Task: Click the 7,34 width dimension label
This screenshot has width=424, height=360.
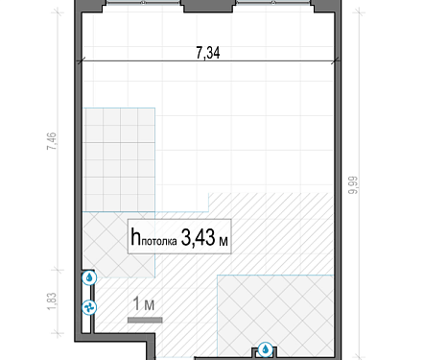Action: [208, 53]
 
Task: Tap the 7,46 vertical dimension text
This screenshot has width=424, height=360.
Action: [52, 141]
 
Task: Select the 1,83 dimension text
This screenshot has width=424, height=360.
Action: [52, 301]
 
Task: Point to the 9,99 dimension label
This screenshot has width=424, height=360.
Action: [353, 185]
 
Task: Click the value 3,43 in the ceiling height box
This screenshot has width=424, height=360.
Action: [198, 237]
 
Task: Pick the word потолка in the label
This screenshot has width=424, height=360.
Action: [159, 241]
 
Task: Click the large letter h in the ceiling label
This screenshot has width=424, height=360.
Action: [135, 236]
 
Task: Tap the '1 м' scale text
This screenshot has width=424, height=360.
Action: [144, 304]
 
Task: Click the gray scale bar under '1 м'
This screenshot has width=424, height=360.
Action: [145, 320]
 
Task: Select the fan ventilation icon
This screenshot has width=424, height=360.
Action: [89, 308]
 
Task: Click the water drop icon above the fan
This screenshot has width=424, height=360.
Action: [89, 277]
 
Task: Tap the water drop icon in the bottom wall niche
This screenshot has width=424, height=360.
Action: [265, 349]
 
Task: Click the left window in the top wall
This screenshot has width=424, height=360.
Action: [143, 3]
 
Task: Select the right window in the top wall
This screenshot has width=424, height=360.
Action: [273, 3]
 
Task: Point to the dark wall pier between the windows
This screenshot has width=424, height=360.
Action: [208, 6]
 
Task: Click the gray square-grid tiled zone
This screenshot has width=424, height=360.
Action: [119, 160]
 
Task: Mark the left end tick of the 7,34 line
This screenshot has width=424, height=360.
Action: [81, 60]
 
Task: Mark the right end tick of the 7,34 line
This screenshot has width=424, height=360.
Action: [336, 60]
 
